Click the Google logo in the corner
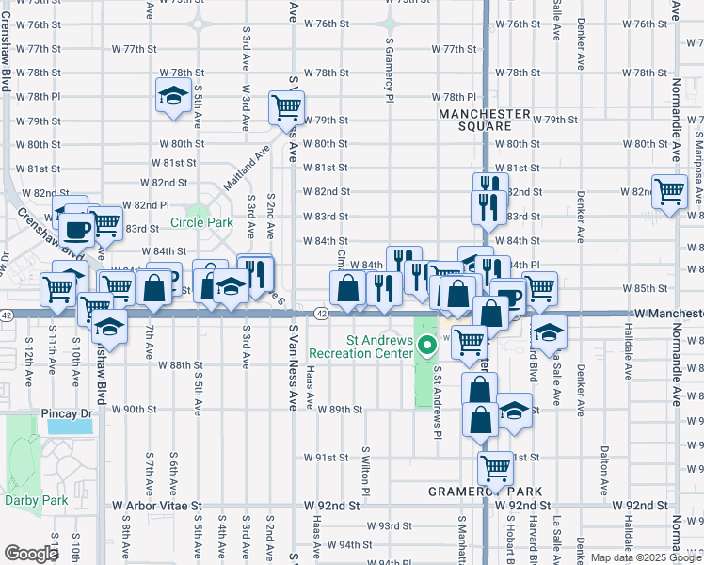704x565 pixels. click(31, 554)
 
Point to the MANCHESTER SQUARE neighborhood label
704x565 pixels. click(485, 120)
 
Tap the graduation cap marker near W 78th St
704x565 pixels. click(173, 96)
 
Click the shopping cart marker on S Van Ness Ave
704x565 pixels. click(286, 106)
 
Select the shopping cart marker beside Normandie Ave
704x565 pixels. click(669, 192)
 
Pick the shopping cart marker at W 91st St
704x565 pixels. click(495, 465)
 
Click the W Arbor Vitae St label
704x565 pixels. click(157, 506)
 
